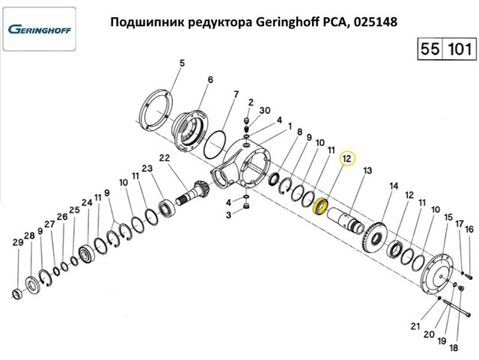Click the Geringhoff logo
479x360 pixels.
coord(40,30)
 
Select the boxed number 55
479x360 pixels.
coord(430,49)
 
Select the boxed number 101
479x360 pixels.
coord(460,49)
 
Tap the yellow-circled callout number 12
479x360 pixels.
coord(348,159)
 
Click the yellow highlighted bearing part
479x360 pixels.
coord(321,207)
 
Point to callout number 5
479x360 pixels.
coord(182,64)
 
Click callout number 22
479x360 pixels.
coord(165,158)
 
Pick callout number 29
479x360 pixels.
coord(18,242)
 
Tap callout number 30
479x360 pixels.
coord(265,110)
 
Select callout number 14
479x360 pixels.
coord(394,186)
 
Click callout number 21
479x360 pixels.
coord(415,326)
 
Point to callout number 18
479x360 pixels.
coord(454,348)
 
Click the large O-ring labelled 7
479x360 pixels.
coord(216,145)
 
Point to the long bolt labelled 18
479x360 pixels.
coord(455,309)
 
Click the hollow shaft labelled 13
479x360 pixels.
coord(345,220)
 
